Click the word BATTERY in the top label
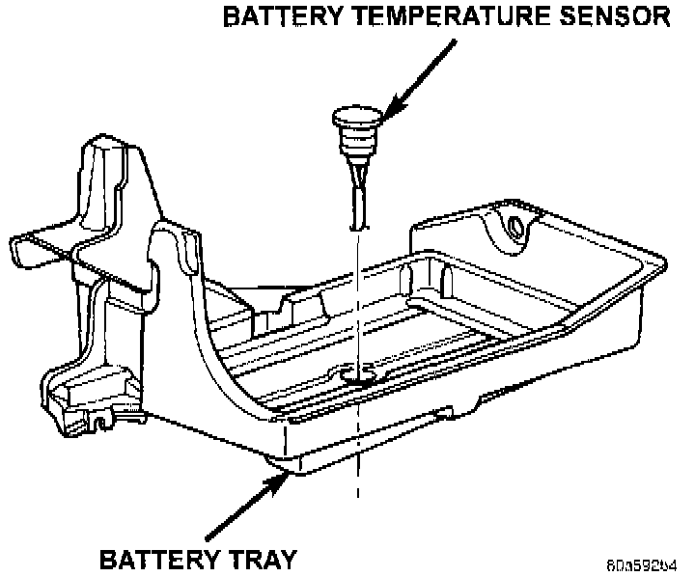[274, 17]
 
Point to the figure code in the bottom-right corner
[641, 563]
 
